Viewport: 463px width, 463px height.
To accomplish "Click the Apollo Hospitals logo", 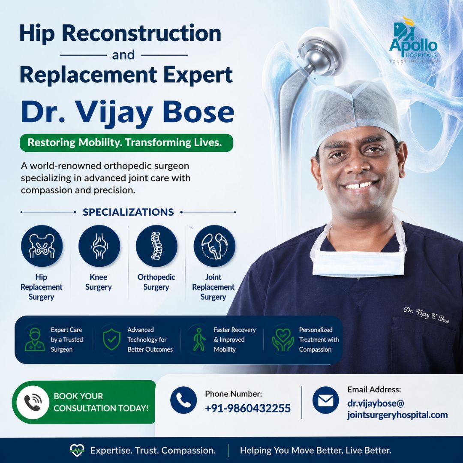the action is click(x=413, y=39).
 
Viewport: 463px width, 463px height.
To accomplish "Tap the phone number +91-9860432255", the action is click(x=248, y=408).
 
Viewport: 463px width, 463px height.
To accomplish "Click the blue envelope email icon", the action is click(x=326, y=400).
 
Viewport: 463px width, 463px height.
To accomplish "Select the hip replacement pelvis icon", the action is click(x=42, y=246).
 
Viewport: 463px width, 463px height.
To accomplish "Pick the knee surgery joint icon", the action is click(x=99, y=246).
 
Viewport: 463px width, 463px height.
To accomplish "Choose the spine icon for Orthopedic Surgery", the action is click(x=156, y=246).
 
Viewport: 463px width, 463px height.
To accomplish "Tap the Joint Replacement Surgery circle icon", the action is click(x=214, y=246).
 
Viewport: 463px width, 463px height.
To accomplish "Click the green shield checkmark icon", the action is click(x=111, y=339).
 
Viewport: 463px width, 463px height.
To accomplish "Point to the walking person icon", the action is click(x=199, y=340).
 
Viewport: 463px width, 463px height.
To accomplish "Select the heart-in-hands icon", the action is click(x=283, y=340).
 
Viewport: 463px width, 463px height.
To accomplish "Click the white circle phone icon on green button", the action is click(x=33, y=402).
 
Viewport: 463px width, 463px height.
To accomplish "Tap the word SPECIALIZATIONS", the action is click(x=128, y=212).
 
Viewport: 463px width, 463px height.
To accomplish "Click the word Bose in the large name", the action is click(x=198, y=112).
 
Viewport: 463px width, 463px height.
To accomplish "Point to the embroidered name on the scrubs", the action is click(x=427, y=315).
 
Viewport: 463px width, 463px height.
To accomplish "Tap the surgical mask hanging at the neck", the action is click(x=358, y=263).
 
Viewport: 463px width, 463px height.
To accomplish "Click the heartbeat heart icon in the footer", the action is click(x=77, y=450).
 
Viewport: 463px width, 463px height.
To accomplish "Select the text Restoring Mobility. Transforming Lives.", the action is click(x=125, y=142).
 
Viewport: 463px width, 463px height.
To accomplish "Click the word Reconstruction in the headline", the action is click(x=141, y=33).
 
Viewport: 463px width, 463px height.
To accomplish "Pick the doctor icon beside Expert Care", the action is click(x=35, y=340).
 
